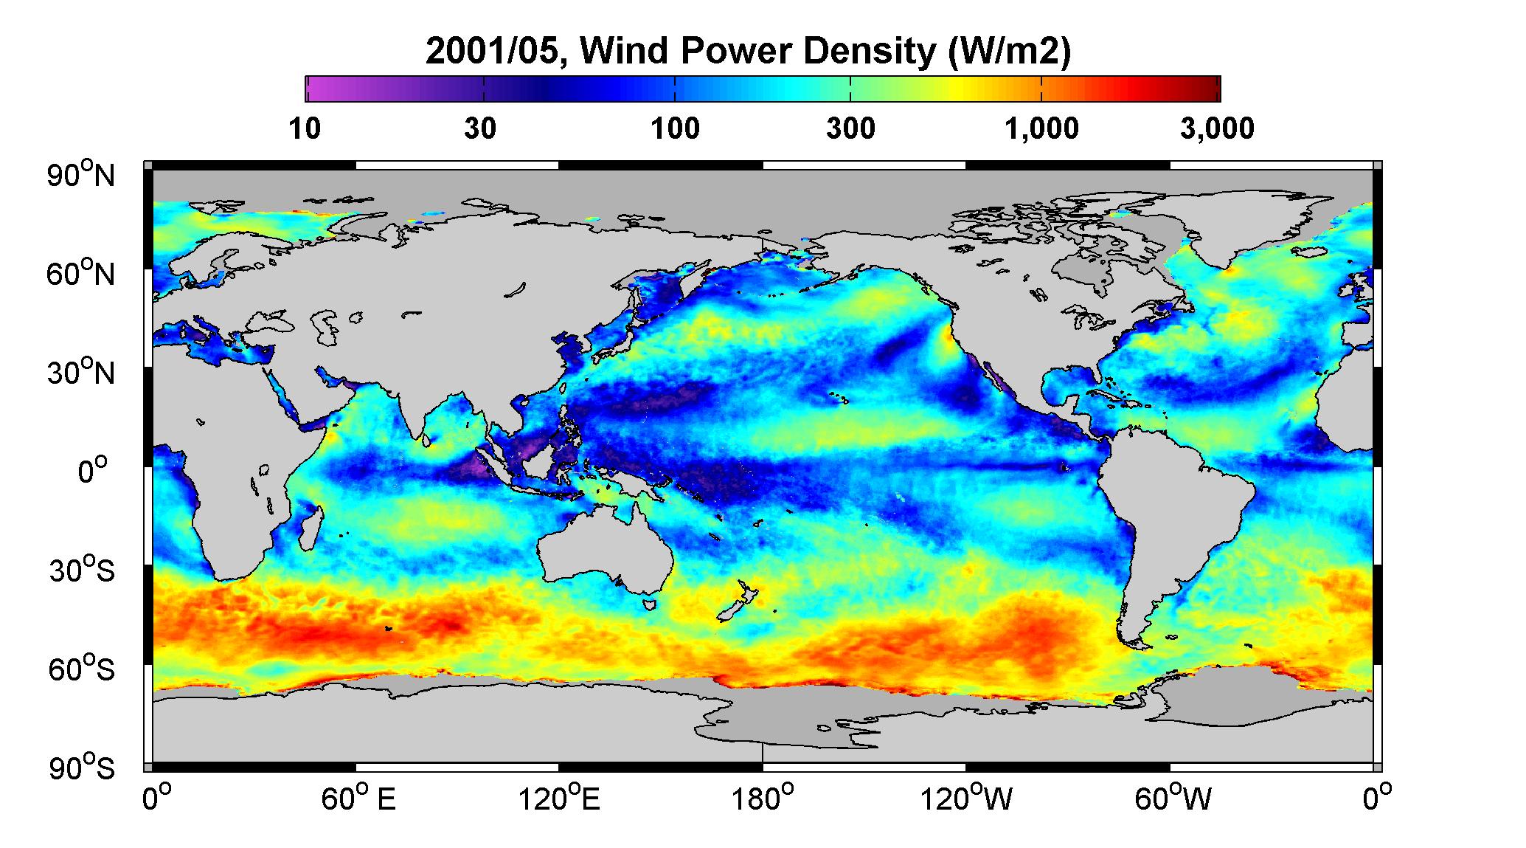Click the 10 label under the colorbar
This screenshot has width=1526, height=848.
305,129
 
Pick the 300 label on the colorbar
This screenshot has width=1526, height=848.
850,129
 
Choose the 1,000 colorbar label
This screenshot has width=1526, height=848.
1042,129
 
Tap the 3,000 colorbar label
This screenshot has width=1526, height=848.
1218,129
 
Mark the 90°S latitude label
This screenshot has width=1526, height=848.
82,768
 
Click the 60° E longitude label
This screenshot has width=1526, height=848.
358,799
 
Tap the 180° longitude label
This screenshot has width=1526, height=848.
762,799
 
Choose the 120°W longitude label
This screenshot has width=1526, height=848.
966,799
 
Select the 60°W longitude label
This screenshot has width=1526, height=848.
1171,799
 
